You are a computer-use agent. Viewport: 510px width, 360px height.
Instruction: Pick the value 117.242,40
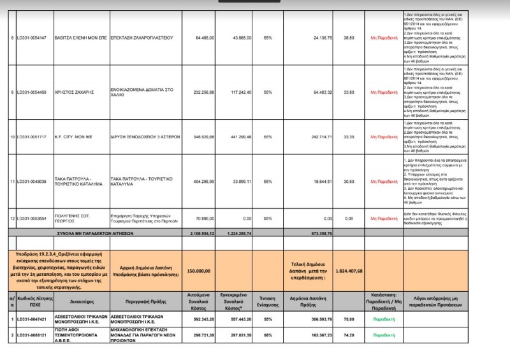240,92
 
